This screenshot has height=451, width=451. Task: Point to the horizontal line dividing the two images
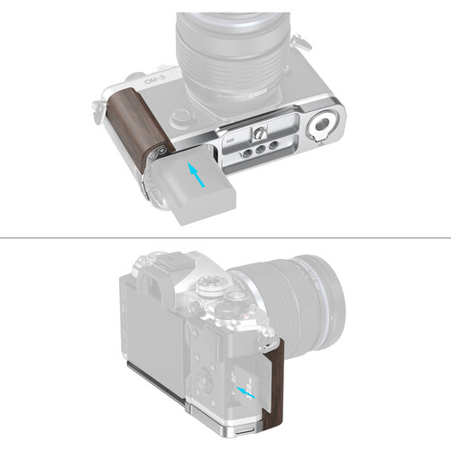tap(225, 238)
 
